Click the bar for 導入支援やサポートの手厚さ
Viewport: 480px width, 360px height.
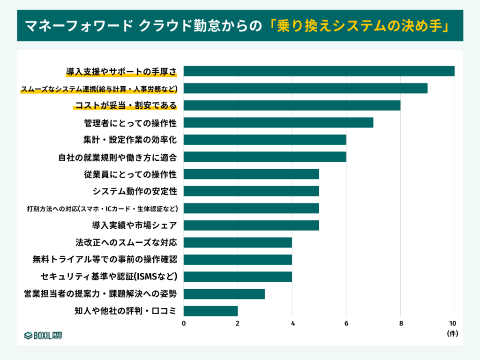[x=319, y=71]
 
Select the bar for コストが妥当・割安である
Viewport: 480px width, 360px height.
[x=292, y=105]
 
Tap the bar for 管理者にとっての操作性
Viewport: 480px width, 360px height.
[x=278, y=123]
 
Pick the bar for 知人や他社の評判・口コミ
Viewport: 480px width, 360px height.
[x=210, y=311]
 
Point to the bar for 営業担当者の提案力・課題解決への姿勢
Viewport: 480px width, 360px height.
[x=224, y=294]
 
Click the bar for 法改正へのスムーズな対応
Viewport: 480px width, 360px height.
[x=238, y=242]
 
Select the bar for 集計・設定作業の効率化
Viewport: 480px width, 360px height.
[x=264, y=140]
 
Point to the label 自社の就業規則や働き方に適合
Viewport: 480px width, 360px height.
[x=118, y=157]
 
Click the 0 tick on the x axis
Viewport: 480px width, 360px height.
[x=184, y=323]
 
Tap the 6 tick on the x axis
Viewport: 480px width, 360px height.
[x=346, y=323]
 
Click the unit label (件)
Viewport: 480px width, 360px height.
[x=452, y=334]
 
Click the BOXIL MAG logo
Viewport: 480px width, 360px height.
[x=43, y=335]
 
